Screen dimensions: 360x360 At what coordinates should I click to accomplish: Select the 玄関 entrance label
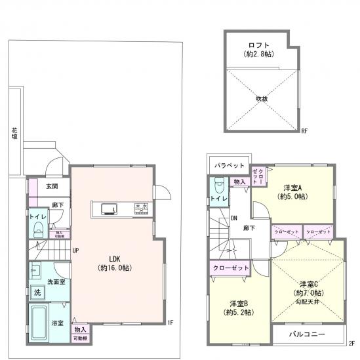51,186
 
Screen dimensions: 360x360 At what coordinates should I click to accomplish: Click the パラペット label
230,166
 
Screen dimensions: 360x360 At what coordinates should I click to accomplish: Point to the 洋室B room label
239,303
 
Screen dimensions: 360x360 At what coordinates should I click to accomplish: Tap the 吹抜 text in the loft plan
262,99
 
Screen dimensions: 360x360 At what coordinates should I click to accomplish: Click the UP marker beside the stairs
75,250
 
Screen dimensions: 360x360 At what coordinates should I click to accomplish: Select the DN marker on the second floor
233,219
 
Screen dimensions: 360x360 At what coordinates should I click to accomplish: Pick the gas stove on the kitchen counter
141,209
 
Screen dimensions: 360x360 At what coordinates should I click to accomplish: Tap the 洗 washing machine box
37,291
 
